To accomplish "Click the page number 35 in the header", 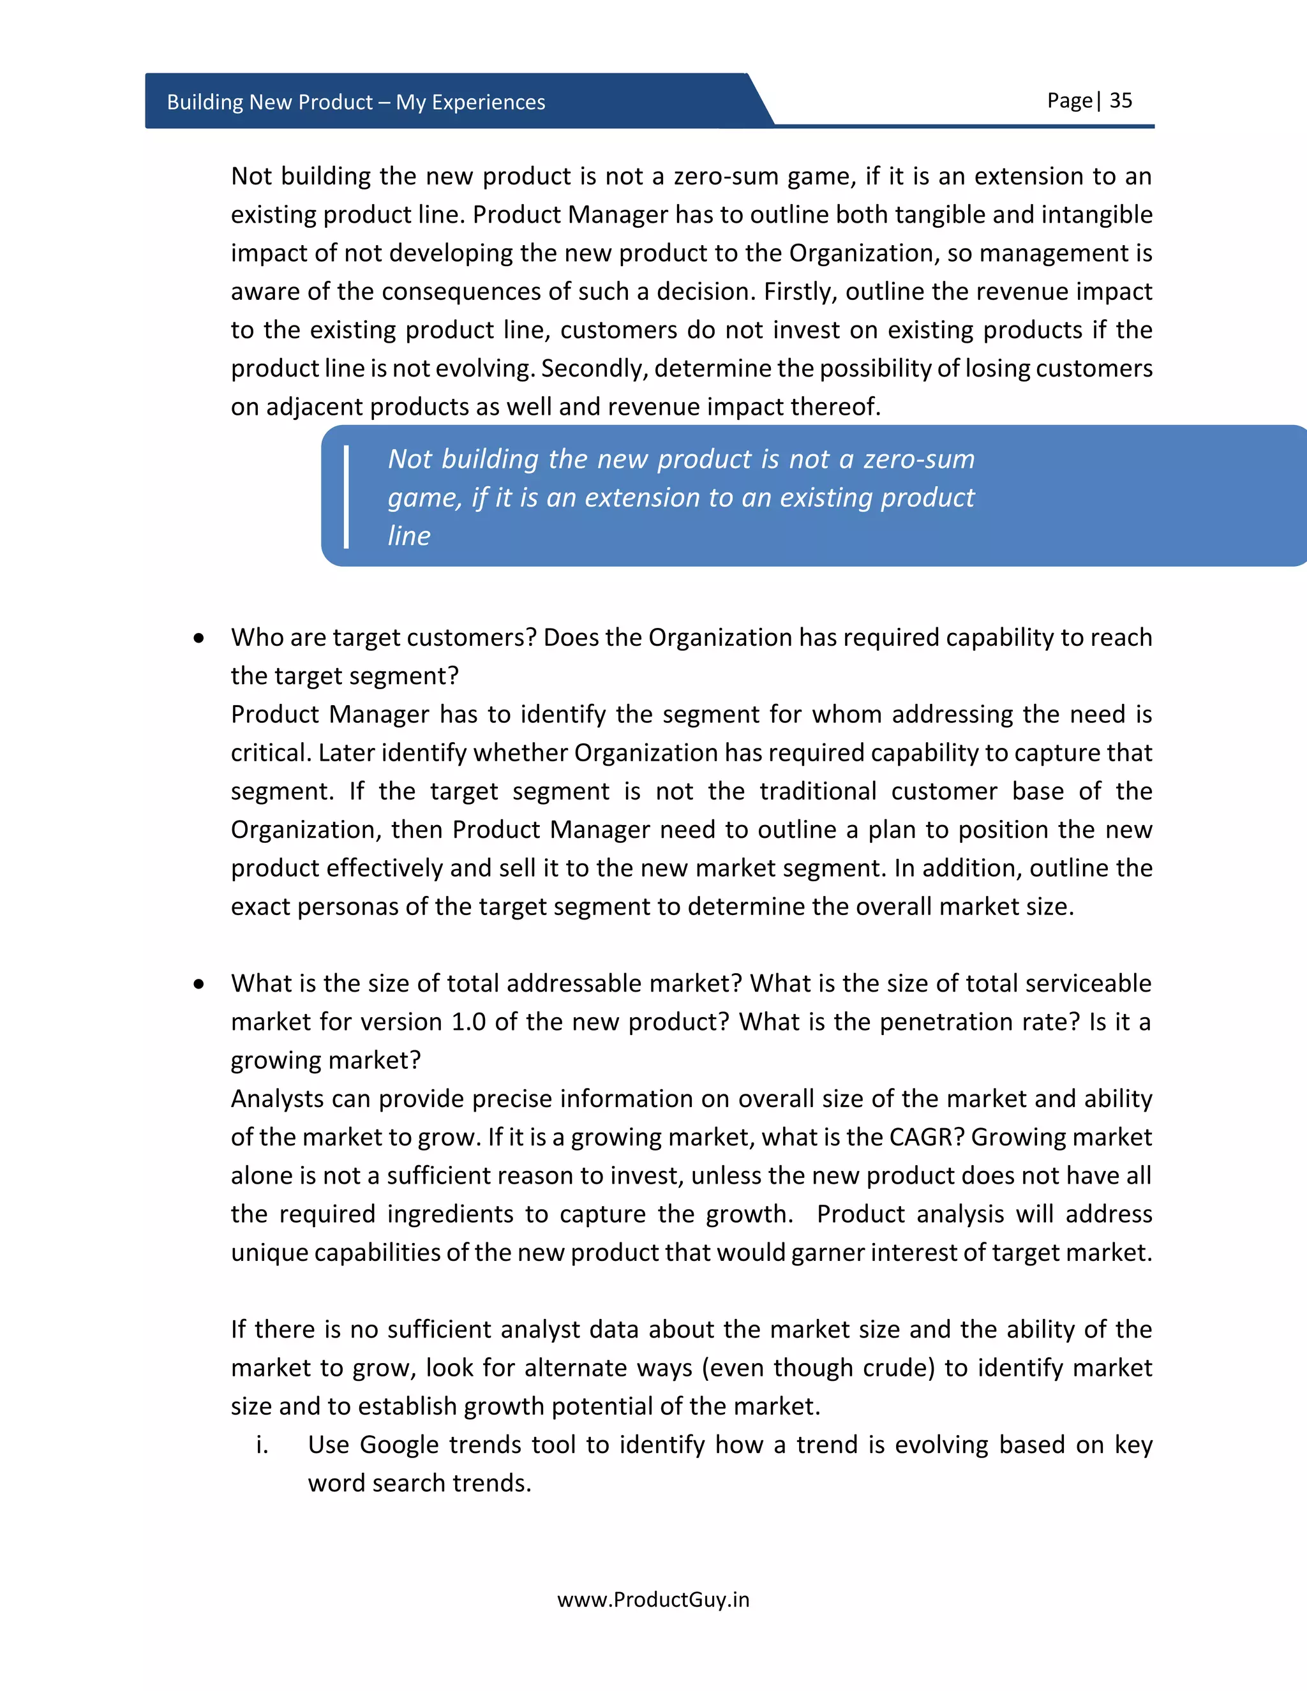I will pyautogui.click(x=1121, y=101).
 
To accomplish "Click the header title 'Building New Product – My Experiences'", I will pyautogui.click(x=355, y=102).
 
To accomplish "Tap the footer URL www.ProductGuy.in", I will pyautogui.click(x=653, y=1600).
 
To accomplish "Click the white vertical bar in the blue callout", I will pyautogui.click(x=346, y=497).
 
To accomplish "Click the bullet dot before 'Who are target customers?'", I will pyautogui.click(x=200, y=638).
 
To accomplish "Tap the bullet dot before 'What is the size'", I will pyautogui.click(x=200, y=984).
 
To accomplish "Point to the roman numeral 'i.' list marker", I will pyautogui.click(x=262, y=1445).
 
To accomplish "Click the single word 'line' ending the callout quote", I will pyautogui.click(x=409, y=536).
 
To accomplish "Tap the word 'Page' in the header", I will pyautogui.click(x=1070, y=101).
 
